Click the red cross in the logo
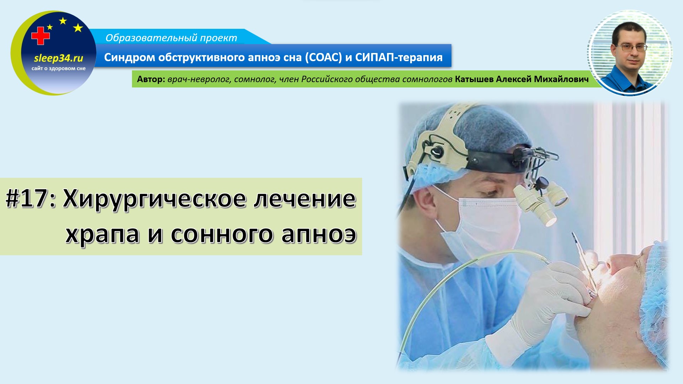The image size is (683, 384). pyautogui.click(x=40, y=36)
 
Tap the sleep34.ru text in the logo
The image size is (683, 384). pyautogui.click(x=59, y=58)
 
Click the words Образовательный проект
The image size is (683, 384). pyautogui.click(x=171, y=38)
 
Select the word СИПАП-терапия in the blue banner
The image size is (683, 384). pyautogui.click(x=399, y=57)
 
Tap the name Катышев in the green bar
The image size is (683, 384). pyautogui.click(x=474, y=79)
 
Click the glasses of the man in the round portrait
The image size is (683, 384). pyautogui.click(x=633, y=47)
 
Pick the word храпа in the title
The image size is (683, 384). pyautogui.click(x=102, y=235)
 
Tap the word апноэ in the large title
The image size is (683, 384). pyautogui.click(x=319, y=235)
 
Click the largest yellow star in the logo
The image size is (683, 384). pyautogui.click(x=78, y=28)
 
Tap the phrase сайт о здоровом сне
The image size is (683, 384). pyautogui.click(x=59, y=68)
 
